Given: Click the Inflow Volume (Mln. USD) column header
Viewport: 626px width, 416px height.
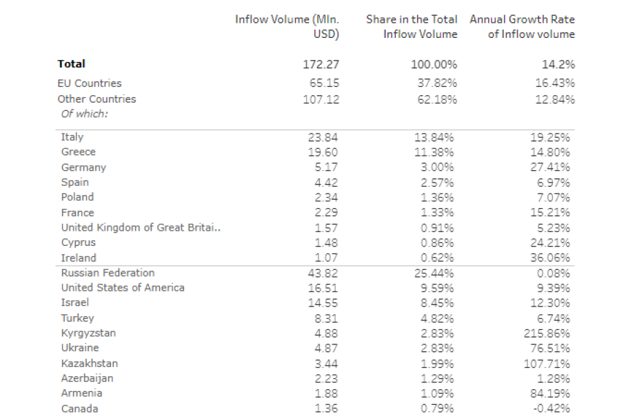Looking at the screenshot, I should coord(287,27).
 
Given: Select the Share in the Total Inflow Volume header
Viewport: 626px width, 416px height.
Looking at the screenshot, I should coord(412,27).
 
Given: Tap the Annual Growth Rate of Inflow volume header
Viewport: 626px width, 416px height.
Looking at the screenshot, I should coord(522,27).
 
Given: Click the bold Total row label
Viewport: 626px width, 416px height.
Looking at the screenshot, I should coord(72,64).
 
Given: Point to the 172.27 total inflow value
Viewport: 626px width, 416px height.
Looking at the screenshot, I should coord(321,64).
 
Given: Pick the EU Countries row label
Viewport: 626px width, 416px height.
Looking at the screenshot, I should coord(90,83).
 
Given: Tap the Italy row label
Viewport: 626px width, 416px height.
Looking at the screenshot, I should coord(72,137).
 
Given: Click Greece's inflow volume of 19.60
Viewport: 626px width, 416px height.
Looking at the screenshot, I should coord(323,152).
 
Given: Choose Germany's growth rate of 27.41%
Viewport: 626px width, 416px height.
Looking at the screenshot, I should coord(551,167).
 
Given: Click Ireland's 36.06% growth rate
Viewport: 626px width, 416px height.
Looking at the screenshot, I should coord(551,258).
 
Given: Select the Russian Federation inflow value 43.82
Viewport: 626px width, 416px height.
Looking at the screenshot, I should coord(323,273).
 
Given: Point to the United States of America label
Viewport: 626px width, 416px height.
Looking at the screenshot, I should coord(123,288).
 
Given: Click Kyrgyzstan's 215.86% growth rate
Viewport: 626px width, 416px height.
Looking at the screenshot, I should coord(547,333).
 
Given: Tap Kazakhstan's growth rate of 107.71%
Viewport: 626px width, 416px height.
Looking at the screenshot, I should coord(547,363).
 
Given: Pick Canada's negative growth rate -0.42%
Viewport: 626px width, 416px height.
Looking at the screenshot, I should coord(551,409).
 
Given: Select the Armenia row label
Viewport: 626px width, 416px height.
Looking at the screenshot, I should coord(81,393).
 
